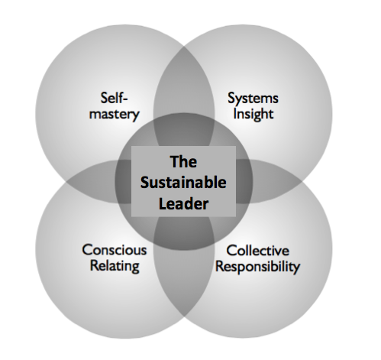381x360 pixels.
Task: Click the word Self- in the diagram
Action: [x=114, y=98]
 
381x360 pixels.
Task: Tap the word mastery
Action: [x=115, y=115]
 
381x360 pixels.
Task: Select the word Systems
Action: [x=253, y=99]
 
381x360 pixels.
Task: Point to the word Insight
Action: [x=253, y=114]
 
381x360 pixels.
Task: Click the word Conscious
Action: [x=115, y=250]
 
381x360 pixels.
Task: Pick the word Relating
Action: [x=115, y=266]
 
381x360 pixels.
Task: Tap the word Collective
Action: [x=258, y=251]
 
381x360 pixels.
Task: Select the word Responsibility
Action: [x=258, y=267]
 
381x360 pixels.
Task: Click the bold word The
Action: [x=183, y=161]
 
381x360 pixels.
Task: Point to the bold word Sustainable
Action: [x=183, y=183]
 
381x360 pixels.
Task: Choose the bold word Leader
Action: [x=183, y=204]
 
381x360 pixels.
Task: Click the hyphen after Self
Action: [x=125, y=99]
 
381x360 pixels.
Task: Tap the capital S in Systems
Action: [x=231, y=98]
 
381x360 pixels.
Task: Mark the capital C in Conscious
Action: [x=87, y=250]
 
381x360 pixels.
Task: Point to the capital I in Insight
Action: [x=234, y=114]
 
